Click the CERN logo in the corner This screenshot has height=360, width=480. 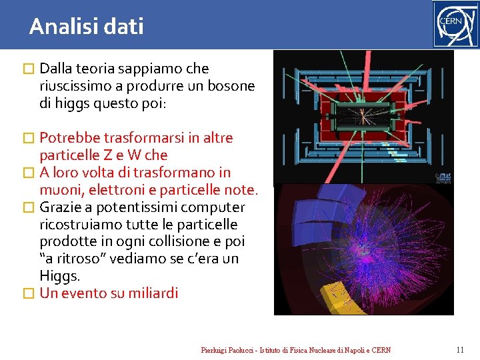pos(455,24)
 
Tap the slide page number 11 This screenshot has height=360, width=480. pos(459,350)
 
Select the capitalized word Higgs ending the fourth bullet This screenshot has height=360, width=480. pos(58,276)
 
